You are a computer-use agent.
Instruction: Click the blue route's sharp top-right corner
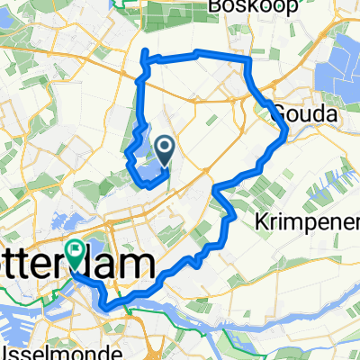point(247,59)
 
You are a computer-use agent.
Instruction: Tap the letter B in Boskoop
point(213,8)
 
